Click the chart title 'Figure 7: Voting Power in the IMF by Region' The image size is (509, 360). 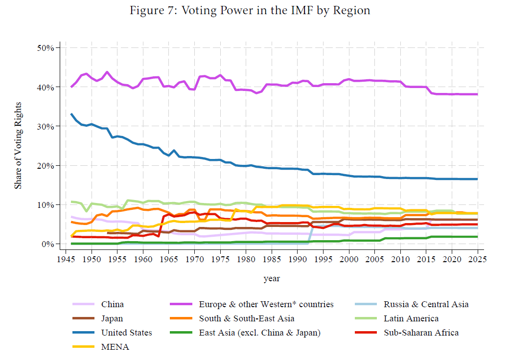click(x=250, y=11)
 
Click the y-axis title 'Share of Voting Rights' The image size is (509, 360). click(x=18, y=145)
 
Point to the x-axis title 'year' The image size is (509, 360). click(x=272, y=278)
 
